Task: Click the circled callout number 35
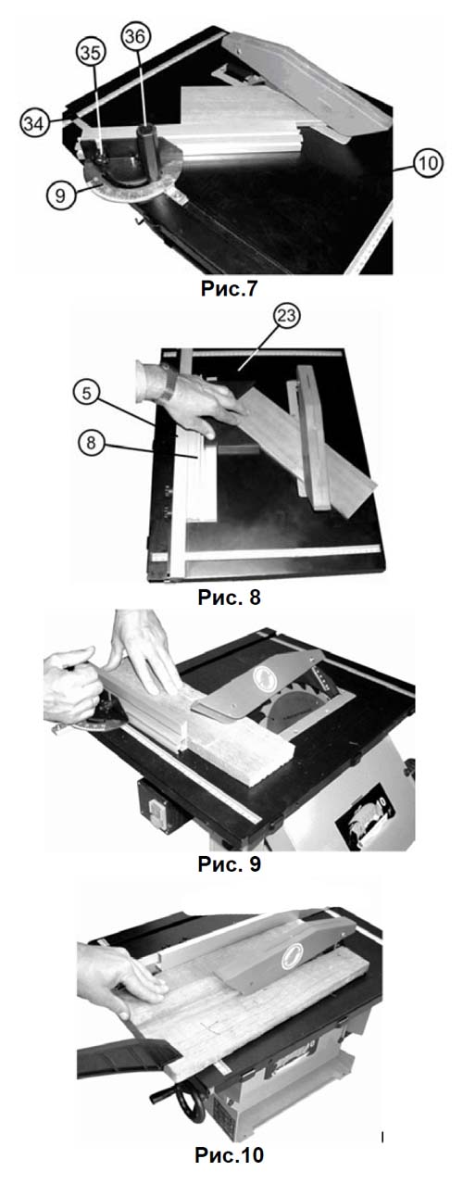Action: (91, 55)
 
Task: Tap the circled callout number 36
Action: (136, 36)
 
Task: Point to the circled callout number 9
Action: (60, 195)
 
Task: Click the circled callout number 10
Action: (427, 163)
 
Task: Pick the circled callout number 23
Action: (286, 316)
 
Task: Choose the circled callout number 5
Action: (88, 394)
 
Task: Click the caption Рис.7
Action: (230, 289)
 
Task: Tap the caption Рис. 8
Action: (230, 598)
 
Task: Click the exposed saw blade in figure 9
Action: (293, 705)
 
